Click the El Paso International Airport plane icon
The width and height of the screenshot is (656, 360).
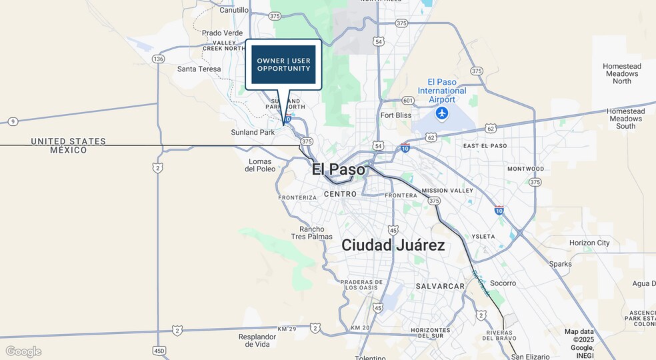tap(441, 113)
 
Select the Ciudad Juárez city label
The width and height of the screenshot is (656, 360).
tap(393, 245)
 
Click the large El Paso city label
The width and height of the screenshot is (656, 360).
tap(339, 169)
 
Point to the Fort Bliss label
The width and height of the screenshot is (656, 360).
tap(396, 115)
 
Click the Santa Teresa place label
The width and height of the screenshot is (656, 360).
tap(199, 69)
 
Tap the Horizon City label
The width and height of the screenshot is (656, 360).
tap(589, 243)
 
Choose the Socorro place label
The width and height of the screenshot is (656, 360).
tap(503, 283)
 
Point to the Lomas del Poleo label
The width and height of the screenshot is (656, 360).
tap(260, 165)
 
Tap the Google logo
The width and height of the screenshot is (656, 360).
tap(23, 351)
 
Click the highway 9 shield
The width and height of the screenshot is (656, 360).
tap(12, 121)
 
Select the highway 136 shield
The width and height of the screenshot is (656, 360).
tap(158, 59)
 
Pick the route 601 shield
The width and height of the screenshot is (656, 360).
tap(408, 101)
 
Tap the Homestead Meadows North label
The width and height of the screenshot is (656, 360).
tap(621, 73)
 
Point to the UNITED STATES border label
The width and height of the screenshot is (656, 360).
tap(68, 141)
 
